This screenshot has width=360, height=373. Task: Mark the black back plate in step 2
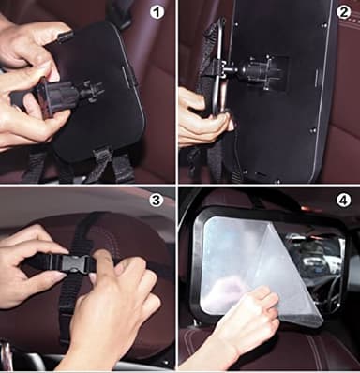coord(281,112)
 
